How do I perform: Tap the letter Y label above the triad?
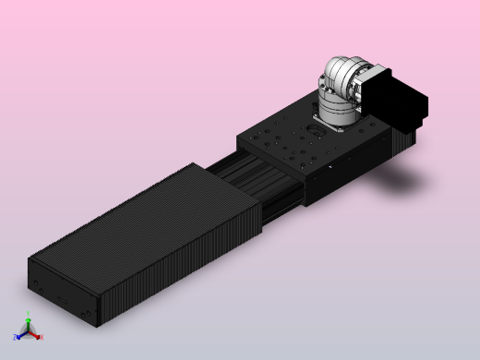(x=29, y=315)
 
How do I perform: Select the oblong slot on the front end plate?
(x=62, y=299)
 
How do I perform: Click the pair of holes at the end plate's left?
(x=36, y=281)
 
